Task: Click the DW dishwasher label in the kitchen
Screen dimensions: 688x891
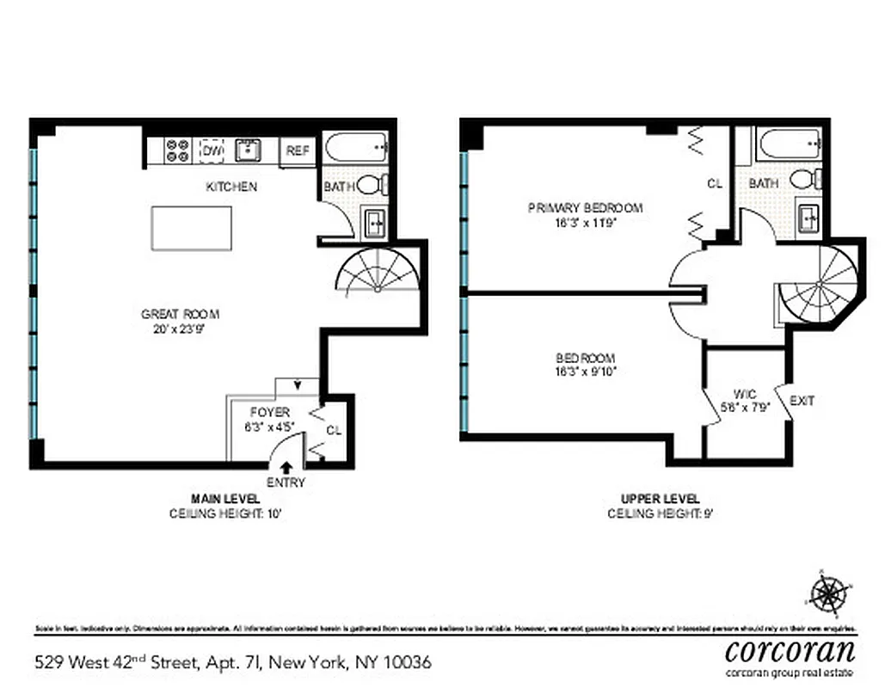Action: [212, 150]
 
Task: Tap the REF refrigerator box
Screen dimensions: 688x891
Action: [298, 150]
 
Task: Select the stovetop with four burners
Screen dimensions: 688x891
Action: [178, 150]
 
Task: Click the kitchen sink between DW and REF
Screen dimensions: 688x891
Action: [249, 150]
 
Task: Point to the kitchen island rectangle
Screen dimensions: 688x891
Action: [191, 228]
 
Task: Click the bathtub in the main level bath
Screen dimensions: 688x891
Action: [356, 147]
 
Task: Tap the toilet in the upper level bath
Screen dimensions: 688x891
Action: [803, 180]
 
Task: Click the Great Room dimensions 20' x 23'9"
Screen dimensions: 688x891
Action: [172, 328]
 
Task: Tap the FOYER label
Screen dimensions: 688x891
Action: [269, 412]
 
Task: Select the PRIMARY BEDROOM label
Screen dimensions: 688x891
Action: [585, 208]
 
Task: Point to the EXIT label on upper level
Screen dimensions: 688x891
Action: [802, 401]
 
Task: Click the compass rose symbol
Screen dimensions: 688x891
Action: [829, 593]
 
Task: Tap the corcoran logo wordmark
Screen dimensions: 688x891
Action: [790, 648]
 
